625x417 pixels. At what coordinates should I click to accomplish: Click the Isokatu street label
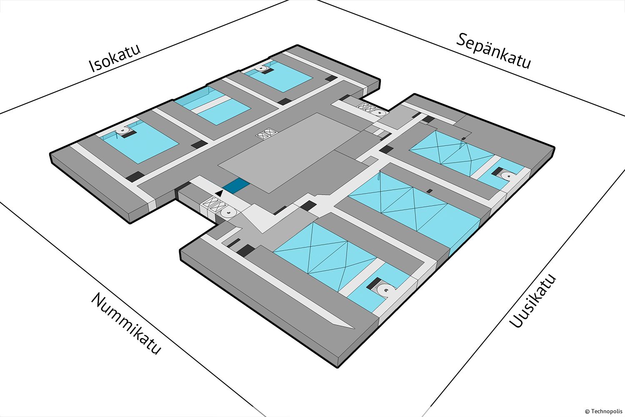[x=115, y=58]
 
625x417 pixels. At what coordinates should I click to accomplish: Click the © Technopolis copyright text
[x=603, y=411]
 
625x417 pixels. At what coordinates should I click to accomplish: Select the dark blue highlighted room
[x=236, y=185]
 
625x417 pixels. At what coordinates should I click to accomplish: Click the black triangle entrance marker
[x=220, y=193]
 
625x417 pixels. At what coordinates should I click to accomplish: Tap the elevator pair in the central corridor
[x=267, y=133]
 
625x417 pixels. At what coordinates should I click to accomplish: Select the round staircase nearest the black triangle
[x=229, y=213]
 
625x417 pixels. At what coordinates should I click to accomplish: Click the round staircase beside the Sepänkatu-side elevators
[x=379, y=112]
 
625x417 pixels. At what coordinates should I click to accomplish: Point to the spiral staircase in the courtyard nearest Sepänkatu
[x=263, y=68]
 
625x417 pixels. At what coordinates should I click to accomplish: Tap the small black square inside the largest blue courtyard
[x=430, y=191]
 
